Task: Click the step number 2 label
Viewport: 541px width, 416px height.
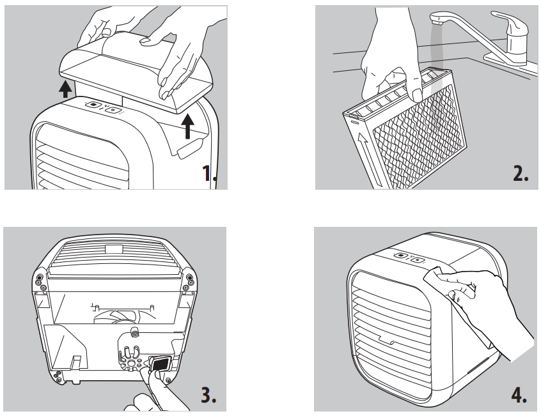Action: tap(517, 173)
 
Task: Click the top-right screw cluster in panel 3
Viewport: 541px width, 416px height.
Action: tap(189, 279)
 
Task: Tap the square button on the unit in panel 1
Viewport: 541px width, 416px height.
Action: tap(93, 105)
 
